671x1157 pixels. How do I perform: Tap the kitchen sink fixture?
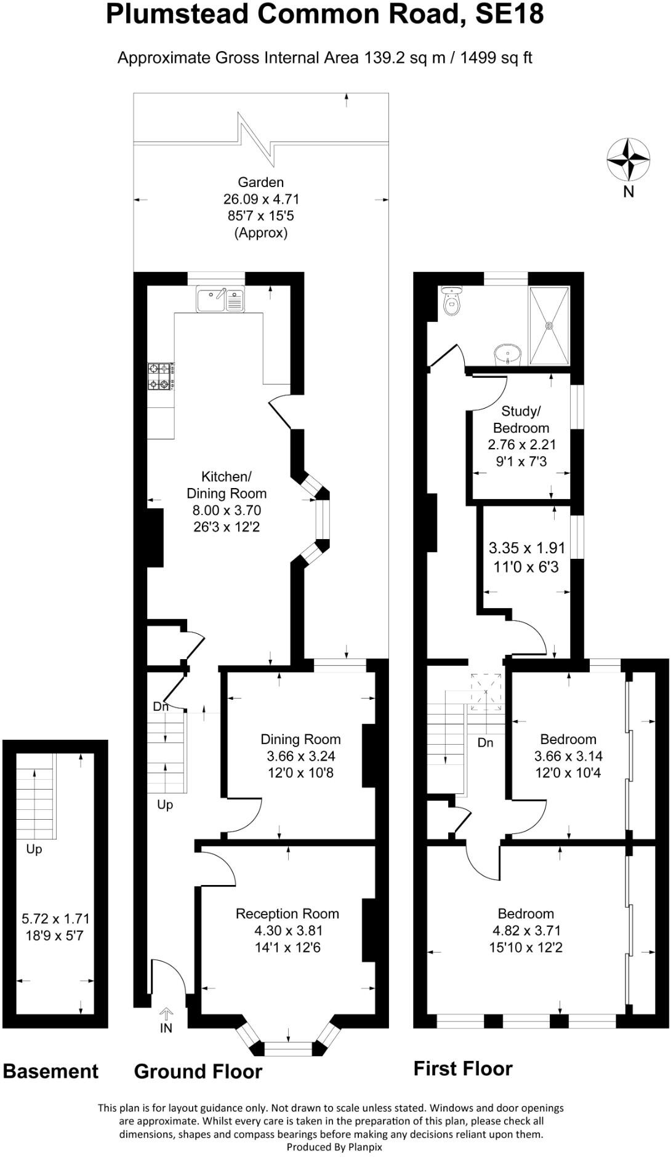coord(220,300)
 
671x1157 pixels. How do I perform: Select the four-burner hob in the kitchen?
coord(160,377)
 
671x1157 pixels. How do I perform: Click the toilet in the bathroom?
coord(452,301)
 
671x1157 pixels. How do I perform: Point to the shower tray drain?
coord(549,326)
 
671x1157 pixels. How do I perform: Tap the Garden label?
coord(260,182)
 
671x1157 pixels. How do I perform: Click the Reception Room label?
coord(287,913)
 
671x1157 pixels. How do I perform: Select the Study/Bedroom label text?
coord(521,419)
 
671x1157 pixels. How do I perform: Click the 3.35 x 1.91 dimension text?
coord(526,548)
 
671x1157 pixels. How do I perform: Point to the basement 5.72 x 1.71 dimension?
coord(55,919)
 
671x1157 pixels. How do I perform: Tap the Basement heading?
coord(50,1071)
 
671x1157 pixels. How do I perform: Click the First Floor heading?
coord(463,1068)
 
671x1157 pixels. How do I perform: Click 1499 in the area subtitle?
coord(478,58)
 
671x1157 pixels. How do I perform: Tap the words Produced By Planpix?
coord(334,1147)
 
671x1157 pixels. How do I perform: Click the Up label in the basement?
coord(34,849)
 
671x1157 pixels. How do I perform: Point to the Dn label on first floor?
coord(485,743)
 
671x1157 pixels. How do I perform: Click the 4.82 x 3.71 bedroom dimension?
coord(526,930)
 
